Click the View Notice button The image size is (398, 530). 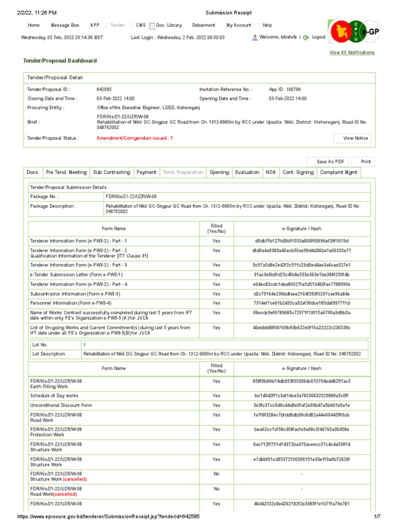coord(356,138)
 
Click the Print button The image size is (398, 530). coord(366,161)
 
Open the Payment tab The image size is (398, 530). coord(146,172)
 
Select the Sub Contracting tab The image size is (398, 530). coord(111,172)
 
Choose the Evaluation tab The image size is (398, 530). coord(247,172)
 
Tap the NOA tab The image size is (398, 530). coord(271,172)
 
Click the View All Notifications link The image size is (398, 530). coord(352,53)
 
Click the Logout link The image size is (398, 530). coord(318,37)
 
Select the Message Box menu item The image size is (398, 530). coord(65,25)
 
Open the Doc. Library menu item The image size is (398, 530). coord(169,25)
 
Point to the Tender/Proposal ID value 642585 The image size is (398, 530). coord(104,90)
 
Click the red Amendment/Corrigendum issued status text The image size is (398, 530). coord(135,138)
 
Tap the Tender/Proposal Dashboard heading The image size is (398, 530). coord(60,61)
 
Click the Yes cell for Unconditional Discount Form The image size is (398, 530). coord(216,405)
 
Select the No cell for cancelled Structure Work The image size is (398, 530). coord(216,474)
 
